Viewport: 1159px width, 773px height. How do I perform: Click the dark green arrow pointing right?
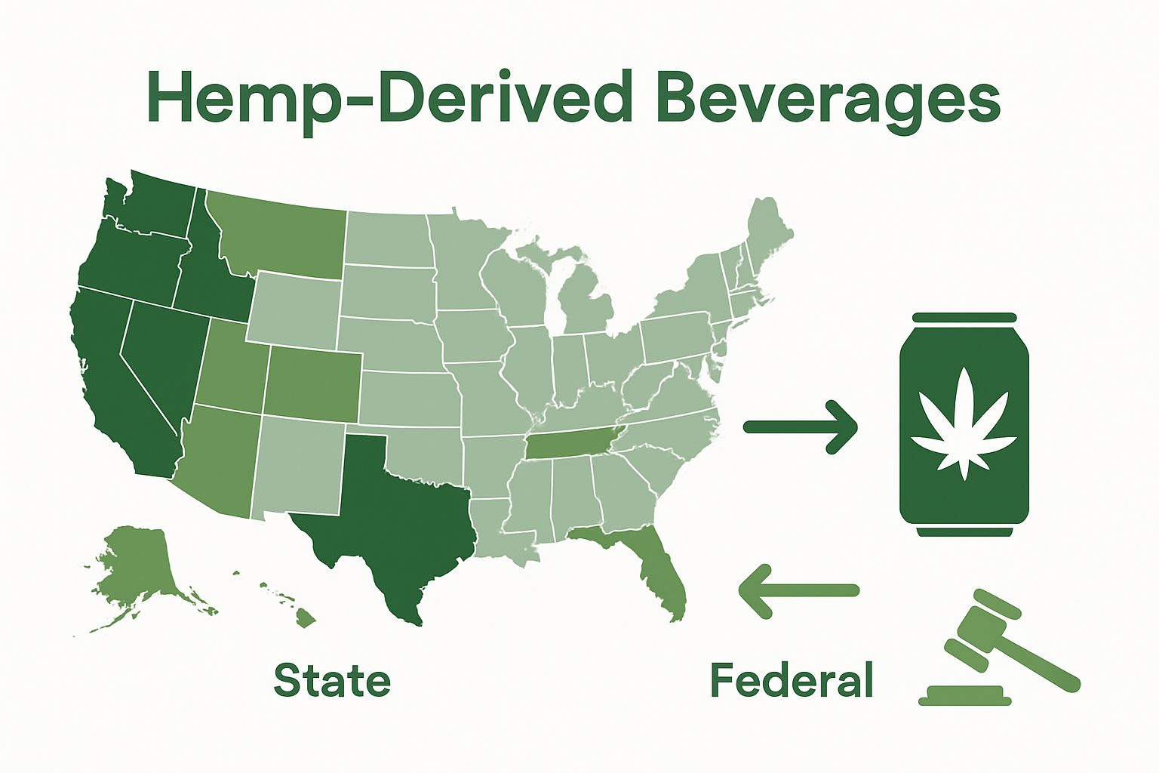[x=801, y=427]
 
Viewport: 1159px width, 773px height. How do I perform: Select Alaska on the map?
[x=140, y=566]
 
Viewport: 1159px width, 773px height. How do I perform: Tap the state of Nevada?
[x=162, y=355]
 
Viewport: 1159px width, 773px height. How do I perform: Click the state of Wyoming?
[x=294, y=310]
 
